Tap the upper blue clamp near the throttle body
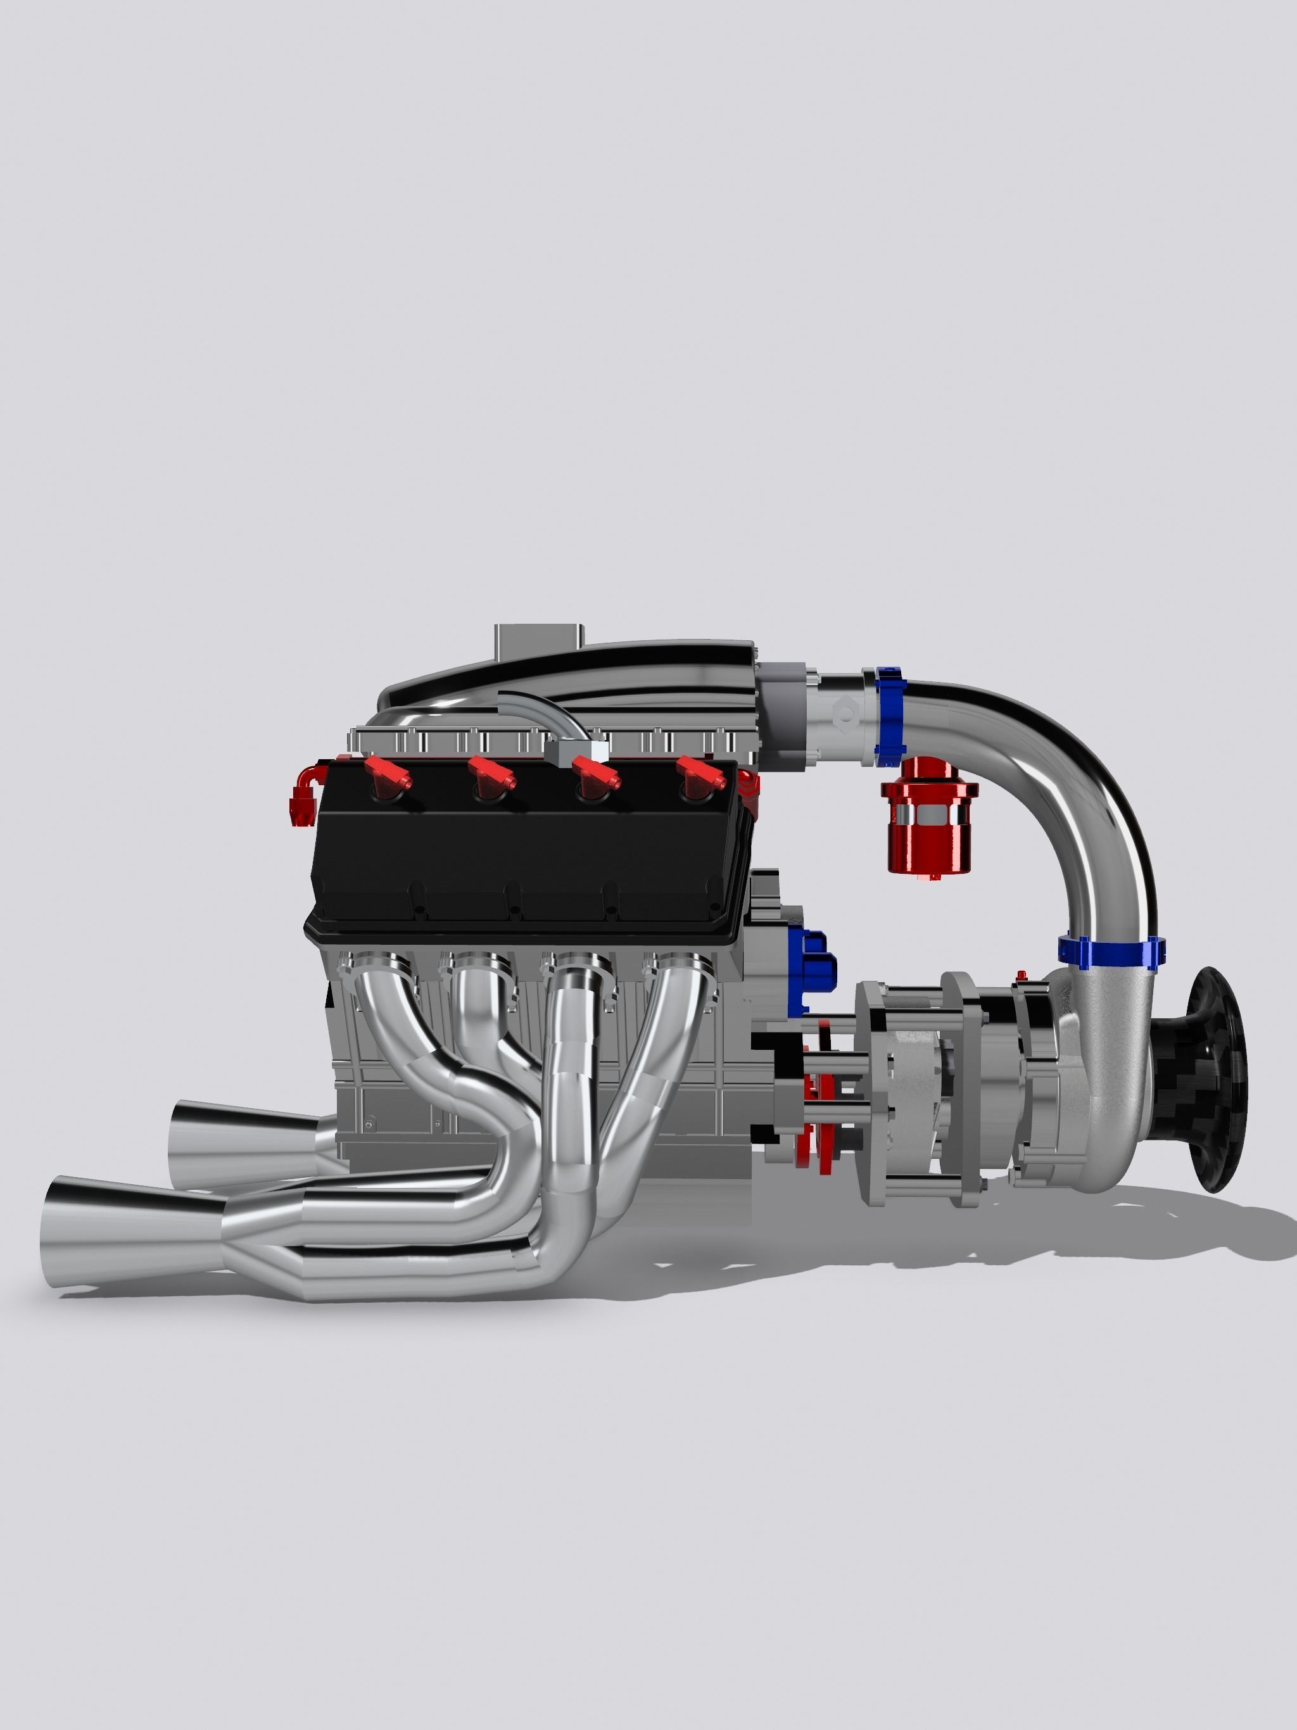889,716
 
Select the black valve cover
524,852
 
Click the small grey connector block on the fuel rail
578,751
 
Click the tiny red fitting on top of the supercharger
1021,975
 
